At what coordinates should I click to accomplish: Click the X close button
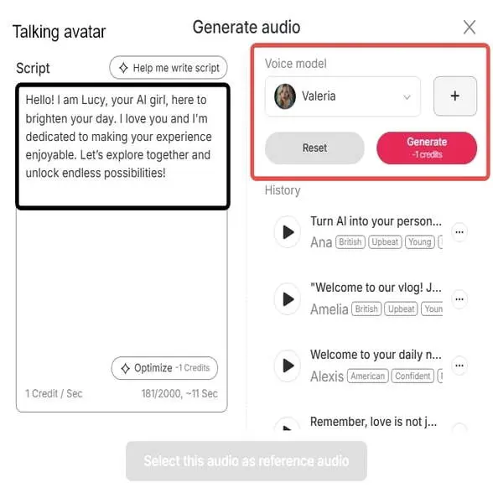pos(470,28)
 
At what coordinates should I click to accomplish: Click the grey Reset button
pos(314,148)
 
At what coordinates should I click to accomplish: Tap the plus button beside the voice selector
pos(455,96)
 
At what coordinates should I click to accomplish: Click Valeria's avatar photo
pos(285,96)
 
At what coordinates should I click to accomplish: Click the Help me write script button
pos(169,68)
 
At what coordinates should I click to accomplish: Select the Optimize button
pos(164,368)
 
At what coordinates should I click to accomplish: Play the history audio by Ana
pos(288,231)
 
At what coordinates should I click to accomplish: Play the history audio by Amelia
pos(288,298)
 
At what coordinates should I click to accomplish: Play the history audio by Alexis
pos(288,366)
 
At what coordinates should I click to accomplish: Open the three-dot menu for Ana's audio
pos(459,231)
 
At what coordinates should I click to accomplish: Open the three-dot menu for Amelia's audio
pos(459,298)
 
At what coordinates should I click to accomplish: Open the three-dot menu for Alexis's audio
pos(459,366)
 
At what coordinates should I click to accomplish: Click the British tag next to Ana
pos(350,242)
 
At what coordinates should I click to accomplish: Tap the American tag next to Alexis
pos(368,376)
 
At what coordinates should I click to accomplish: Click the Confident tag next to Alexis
pos(413,376)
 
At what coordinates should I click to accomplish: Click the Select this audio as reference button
pos(246,460)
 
